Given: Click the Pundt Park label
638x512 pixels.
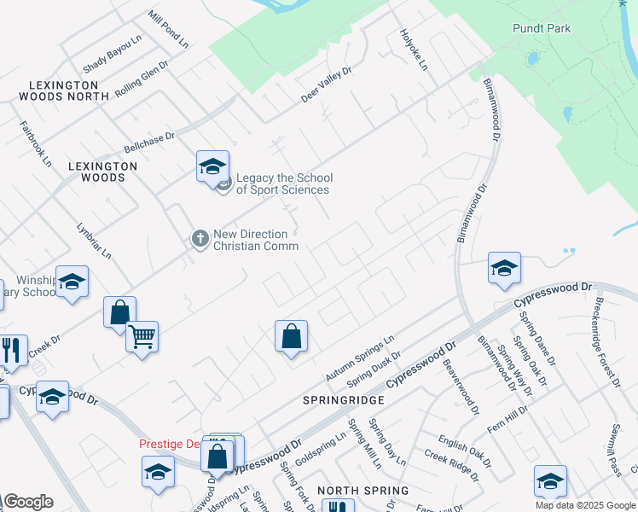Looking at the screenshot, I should point(542,28).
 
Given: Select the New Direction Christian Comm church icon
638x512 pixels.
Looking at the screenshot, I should point(200,238).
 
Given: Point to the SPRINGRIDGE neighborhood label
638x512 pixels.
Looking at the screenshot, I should point(344,399).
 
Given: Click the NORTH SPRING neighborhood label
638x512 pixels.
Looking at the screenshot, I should point(362,491).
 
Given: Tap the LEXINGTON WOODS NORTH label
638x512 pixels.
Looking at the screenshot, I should point(69,90).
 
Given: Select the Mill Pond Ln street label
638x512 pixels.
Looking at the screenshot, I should point(168,28).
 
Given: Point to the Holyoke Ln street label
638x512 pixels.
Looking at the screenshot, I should point(414,49).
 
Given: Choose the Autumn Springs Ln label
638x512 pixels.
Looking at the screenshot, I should point(359,358).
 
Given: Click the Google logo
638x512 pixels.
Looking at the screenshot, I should point(28,502).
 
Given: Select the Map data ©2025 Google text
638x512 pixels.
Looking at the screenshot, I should point(584,505).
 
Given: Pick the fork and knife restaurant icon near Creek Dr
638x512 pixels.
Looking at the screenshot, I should point(12,350).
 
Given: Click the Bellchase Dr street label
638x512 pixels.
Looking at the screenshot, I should point(148,141).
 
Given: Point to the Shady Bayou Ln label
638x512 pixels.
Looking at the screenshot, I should point(112,55).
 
